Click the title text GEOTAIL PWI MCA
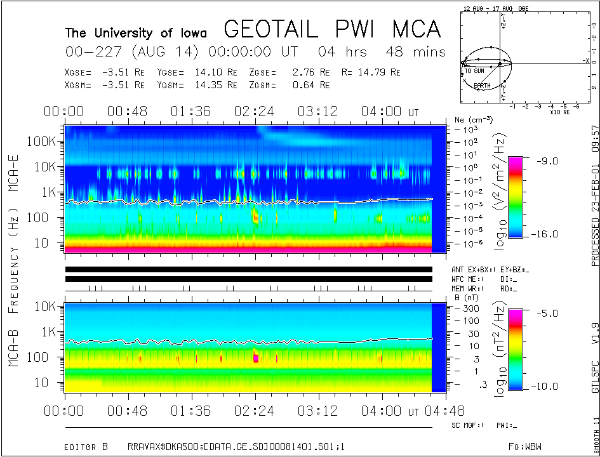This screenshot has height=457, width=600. tap(332, 29)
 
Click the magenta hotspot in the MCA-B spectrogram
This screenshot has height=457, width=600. tap(256, 358)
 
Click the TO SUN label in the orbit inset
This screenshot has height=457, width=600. tap(475, 71)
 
